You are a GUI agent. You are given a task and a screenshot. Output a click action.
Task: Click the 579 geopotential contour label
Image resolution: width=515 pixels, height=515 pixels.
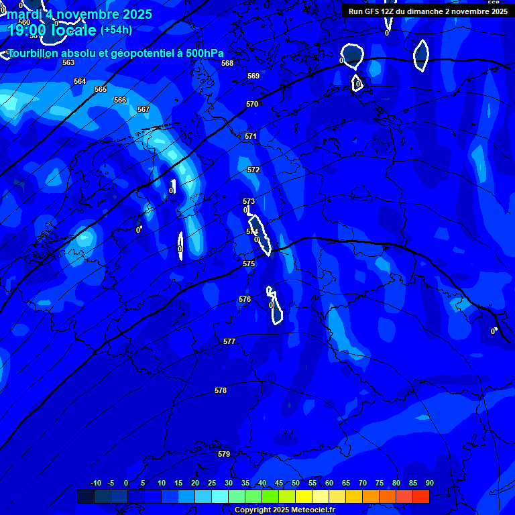(x=224, y=454)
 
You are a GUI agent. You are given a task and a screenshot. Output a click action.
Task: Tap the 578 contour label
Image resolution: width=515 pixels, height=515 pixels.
(x=221, y=390)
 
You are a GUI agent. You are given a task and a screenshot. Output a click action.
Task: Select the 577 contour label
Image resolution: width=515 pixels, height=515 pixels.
(x=229, y=341)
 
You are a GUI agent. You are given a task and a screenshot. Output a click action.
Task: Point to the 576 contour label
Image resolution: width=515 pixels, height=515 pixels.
(x=245, y=299)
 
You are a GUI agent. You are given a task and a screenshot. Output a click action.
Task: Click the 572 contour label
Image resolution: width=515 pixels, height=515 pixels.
(x=253, y=170)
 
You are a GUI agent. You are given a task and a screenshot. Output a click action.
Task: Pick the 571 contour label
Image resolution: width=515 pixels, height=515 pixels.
(x=251, y=136)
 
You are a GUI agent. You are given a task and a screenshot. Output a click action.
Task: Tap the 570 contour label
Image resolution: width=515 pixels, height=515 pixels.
(x=252, y=104)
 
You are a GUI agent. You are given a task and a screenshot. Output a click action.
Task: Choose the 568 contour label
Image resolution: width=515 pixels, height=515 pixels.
(x=227, y=63)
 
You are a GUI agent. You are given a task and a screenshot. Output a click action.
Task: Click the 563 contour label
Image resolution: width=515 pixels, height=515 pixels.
(x=68, y=62)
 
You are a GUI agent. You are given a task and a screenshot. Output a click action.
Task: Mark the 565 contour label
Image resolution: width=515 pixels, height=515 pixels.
(x=101, y=89)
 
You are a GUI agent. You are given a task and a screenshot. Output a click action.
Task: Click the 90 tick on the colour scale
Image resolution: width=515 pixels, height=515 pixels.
(x=429, y=483)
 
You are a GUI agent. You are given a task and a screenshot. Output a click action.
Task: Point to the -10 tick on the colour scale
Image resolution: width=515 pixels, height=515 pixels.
(x=95, y=483)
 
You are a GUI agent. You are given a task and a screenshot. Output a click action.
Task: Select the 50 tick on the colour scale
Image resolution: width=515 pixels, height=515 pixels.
(x=296, y=483)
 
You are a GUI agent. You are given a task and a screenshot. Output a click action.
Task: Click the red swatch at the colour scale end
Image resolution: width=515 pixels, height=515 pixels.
(x=420, y=496)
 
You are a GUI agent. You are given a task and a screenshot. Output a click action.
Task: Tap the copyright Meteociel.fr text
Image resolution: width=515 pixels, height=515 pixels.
(x=284, y=510)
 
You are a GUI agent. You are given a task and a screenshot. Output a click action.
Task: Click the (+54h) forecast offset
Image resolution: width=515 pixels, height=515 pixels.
(x=116, y=30)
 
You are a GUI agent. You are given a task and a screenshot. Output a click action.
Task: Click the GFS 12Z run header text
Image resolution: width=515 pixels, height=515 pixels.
(x=428, y=11)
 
